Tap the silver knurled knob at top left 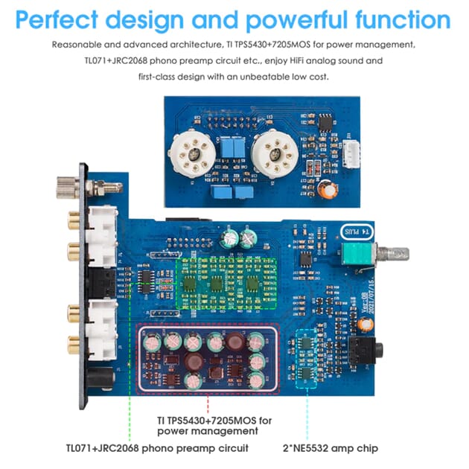tap(65, 185)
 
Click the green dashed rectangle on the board tap(224, 283)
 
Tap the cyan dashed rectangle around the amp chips tap(307, 359)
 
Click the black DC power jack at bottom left tap(97, 378)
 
